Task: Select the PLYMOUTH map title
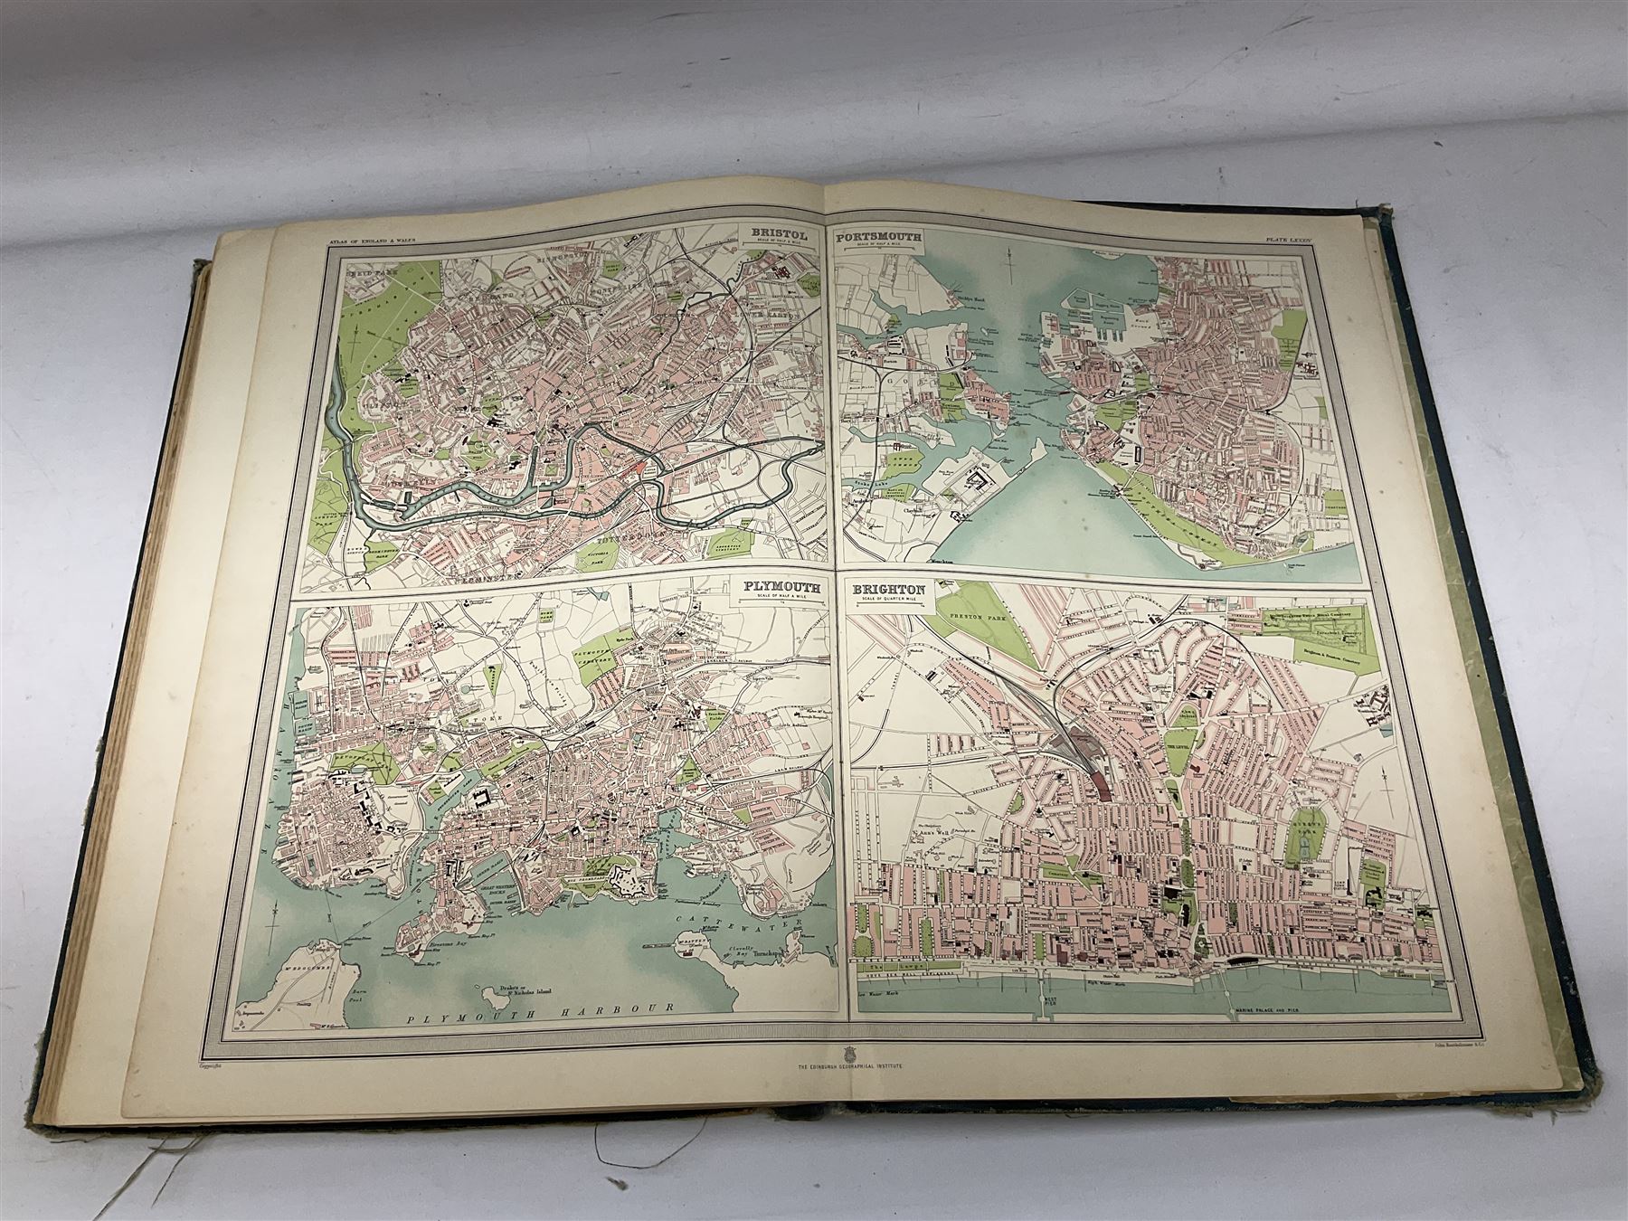782,587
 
